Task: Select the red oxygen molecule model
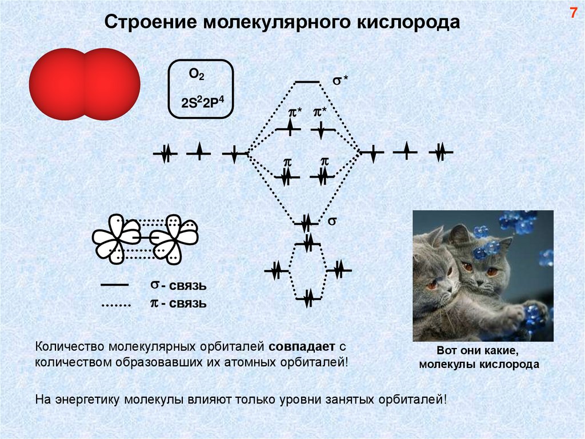[85, 84]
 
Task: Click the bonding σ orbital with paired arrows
[307, 222]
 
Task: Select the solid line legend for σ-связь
[115, 284]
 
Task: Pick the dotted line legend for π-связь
[116, 304]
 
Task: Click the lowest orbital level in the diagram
[308, 298]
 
